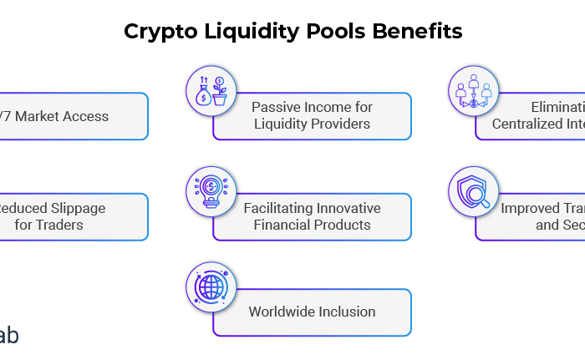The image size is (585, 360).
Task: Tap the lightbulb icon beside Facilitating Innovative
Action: coord(211,189)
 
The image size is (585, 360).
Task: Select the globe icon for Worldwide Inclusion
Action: coord(211,286)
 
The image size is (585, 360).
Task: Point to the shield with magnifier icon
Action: coord(472,190)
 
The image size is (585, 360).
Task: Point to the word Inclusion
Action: coord(348,312)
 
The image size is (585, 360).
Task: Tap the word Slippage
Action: coord(73,207)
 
